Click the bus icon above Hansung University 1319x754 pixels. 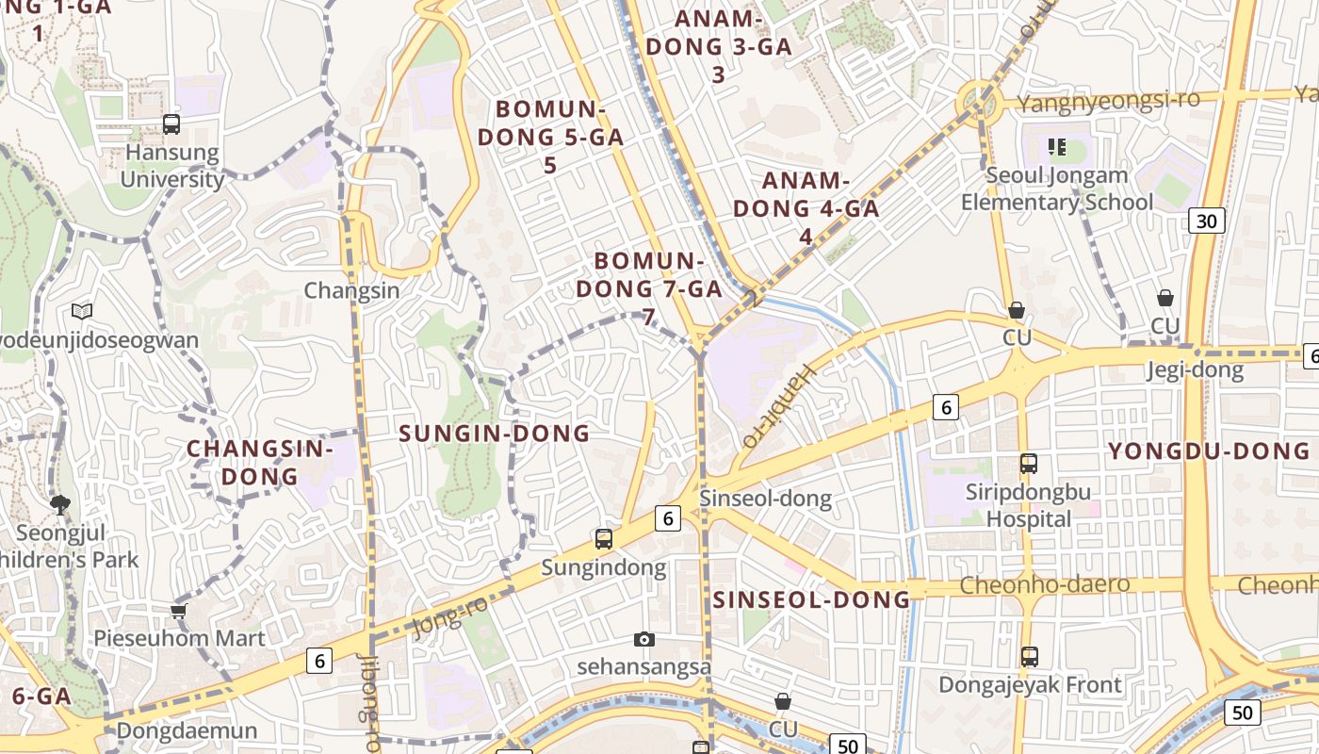171,123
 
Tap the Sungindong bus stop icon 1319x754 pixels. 604,539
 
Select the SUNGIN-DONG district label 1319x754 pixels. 495,434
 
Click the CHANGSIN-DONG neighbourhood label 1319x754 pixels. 260,462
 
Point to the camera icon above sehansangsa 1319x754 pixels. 644,640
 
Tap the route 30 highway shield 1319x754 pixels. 1207,221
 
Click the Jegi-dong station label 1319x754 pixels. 1195,370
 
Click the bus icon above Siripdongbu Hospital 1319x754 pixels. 1029,464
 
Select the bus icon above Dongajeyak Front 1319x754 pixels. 1030,656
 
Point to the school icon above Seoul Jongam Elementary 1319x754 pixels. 1057,147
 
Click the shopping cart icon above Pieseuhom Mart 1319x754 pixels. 179,610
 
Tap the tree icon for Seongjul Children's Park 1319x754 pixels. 60,505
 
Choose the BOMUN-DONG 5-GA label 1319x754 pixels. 551,137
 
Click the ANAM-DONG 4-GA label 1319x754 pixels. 806,208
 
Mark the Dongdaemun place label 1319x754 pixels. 187,731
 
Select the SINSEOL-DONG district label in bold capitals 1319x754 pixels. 811,599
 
